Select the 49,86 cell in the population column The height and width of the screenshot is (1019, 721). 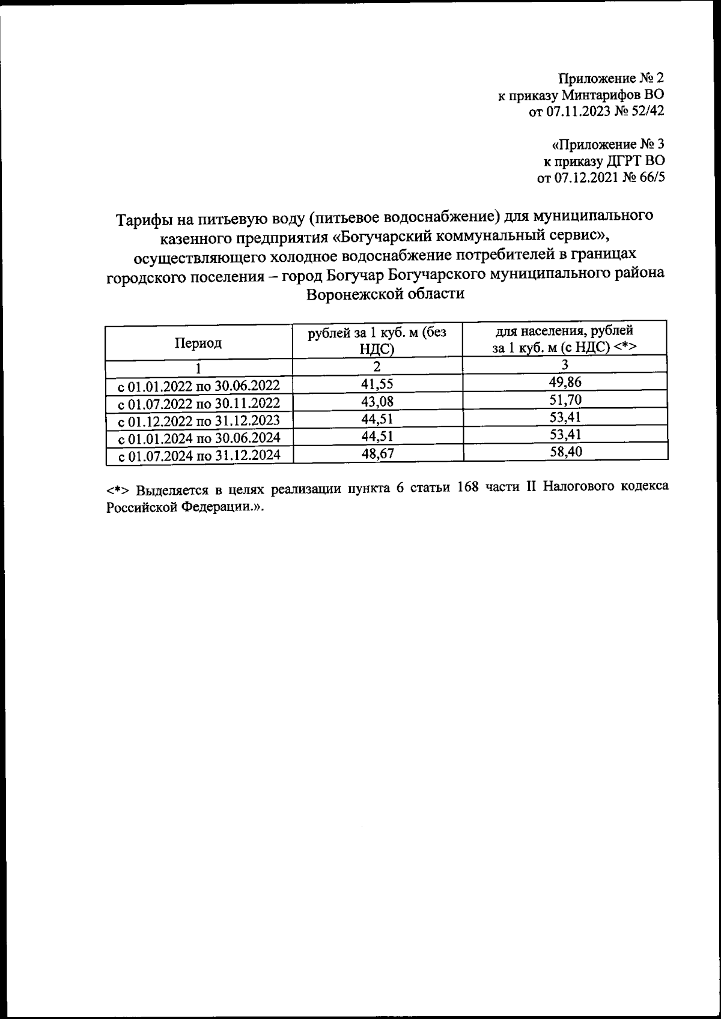coord(565,383)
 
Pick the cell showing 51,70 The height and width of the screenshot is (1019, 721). coord(565,399)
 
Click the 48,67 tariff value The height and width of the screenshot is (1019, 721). coord(377,454)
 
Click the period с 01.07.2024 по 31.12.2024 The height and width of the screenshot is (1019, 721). coord(199,456)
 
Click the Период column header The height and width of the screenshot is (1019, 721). coord(198,343)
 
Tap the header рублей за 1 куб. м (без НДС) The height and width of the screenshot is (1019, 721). coord(377,341)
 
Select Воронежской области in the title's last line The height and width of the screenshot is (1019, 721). coord(385,295)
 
